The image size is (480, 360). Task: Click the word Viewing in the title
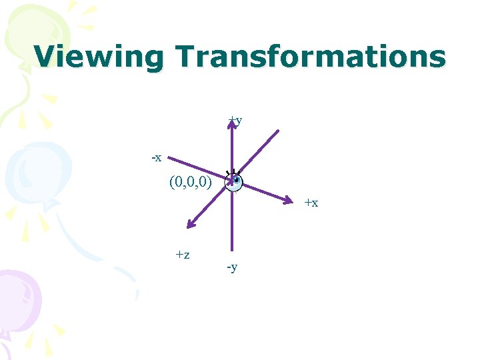(98, 57)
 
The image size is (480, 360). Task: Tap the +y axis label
(235, 121)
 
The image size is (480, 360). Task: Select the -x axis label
(156, 158)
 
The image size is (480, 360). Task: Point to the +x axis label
(311, 203)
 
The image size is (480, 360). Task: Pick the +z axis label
(183, 254)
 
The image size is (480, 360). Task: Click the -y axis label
(232, 267)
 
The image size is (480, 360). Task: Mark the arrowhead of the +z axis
(189, 226)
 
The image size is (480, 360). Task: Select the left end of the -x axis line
(169, 158)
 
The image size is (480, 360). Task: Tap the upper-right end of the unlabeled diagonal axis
(278, 130)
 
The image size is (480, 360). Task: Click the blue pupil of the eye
(236, 179)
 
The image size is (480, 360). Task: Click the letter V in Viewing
(46, 57)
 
